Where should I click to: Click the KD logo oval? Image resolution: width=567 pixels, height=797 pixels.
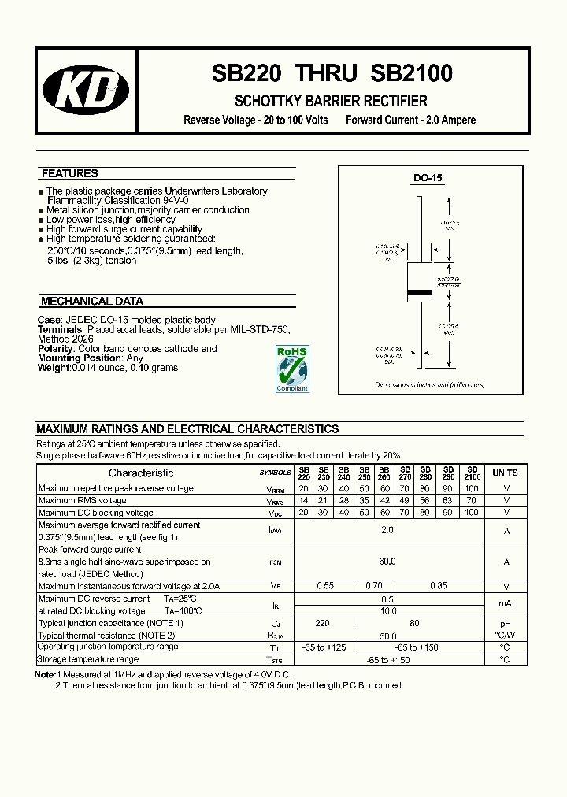click(86, 91)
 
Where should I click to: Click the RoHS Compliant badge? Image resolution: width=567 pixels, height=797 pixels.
click(291, 368)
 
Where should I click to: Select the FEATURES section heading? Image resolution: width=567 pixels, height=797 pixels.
click(70, 173)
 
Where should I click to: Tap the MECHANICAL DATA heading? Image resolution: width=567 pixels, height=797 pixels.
click(92, 301)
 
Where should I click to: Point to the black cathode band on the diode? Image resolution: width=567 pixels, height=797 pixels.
click(418, 292)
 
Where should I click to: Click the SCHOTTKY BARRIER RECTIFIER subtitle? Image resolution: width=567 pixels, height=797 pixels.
click(331, 101)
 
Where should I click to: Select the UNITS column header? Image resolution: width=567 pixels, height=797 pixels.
click(505, 473)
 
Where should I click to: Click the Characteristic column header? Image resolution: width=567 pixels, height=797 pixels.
click(141, 473)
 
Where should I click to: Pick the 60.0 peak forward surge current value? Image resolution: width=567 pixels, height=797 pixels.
click(387, 562)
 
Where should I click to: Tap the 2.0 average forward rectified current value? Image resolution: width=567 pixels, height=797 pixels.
click(387, 531)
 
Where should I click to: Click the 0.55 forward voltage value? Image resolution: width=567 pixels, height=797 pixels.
click(324, 586)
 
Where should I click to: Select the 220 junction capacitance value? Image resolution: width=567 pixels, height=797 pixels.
click(322, 622)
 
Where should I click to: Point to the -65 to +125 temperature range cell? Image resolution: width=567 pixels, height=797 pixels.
click(324, 647)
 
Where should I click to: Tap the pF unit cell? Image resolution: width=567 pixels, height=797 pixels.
click(505, 622)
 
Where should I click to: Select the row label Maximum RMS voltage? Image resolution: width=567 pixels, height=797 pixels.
click(82, 500)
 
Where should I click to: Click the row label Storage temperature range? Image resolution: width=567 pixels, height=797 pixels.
click(88, 658)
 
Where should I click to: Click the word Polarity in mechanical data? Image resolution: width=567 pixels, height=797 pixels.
click(56, 348)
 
